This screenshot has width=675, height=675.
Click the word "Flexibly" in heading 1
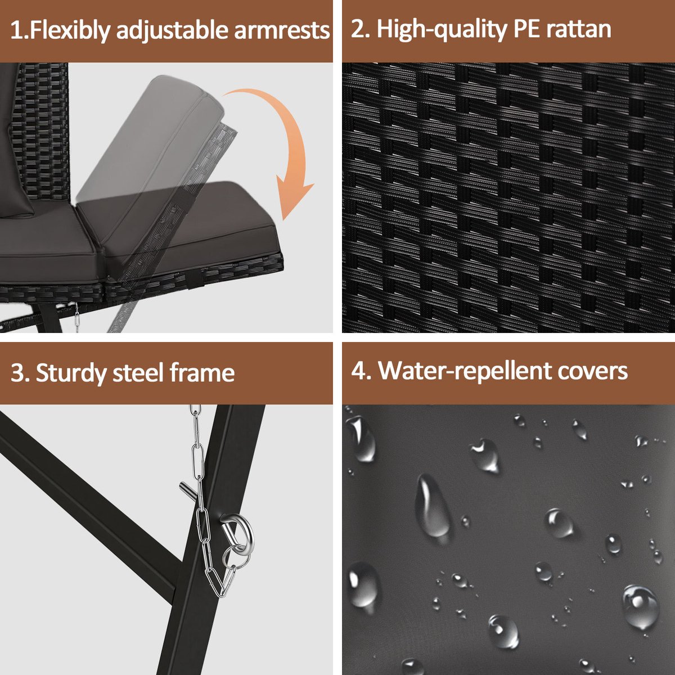pos(70,31)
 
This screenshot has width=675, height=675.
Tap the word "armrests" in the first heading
pos(282,30)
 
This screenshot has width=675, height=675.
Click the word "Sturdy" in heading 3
pos(71,373)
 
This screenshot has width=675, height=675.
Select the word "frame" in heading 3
pos(202,372)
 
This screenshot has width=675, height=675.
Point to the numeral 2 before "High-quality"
pos(358,29)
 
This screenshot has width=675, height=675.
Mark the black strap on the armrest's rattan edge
pos(195,280)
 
